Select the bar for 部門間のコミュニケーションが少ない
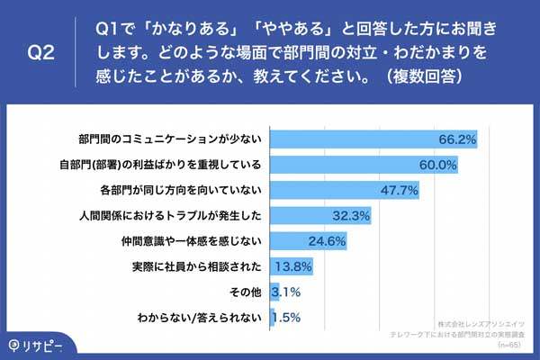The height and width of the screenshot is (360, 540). click(x=373, y=140)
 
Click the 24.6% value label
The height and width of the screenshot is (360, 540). click(x=328, y=241)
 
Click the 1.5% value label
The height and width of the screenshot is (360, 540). click(x=285, y=317)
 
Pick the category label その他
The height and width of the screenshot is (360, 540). click(x=247, y=292)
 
